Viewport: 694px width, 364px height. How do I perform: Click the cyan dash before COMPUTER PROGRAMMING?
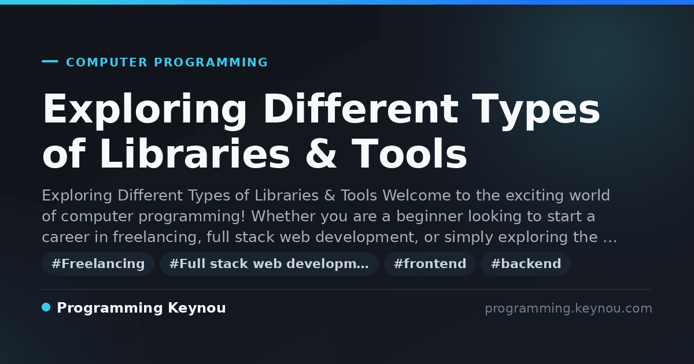50,61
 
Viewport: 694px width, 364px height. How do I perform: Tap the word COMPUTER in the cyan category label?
106,62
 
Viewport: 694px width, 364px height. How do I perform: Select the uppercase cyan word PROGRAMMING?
211,62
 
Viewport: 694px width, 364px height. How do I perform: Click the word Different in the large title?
361,109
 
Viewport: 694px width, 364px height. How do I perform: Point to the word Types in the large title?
536,112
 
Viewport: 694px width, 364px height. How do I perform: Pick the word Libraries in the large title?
195,154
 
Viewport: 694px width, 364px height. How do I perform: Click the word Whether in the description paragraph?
283,216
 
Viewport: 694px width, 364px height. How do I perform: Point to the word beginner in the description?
429,216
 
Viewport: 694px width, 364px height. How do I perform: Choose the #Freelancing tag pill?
98,263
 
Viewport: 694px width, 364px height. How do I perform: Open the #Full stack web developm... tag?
269,263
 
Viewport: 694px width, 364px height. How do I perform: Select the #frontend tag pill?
430,263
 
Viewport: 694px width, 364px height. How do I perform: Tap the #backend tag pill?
526,263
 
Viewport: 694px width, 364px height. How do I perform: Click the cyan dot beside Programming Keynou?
46,307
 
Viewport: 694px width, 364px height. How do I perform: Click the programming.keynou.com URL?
569,309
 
